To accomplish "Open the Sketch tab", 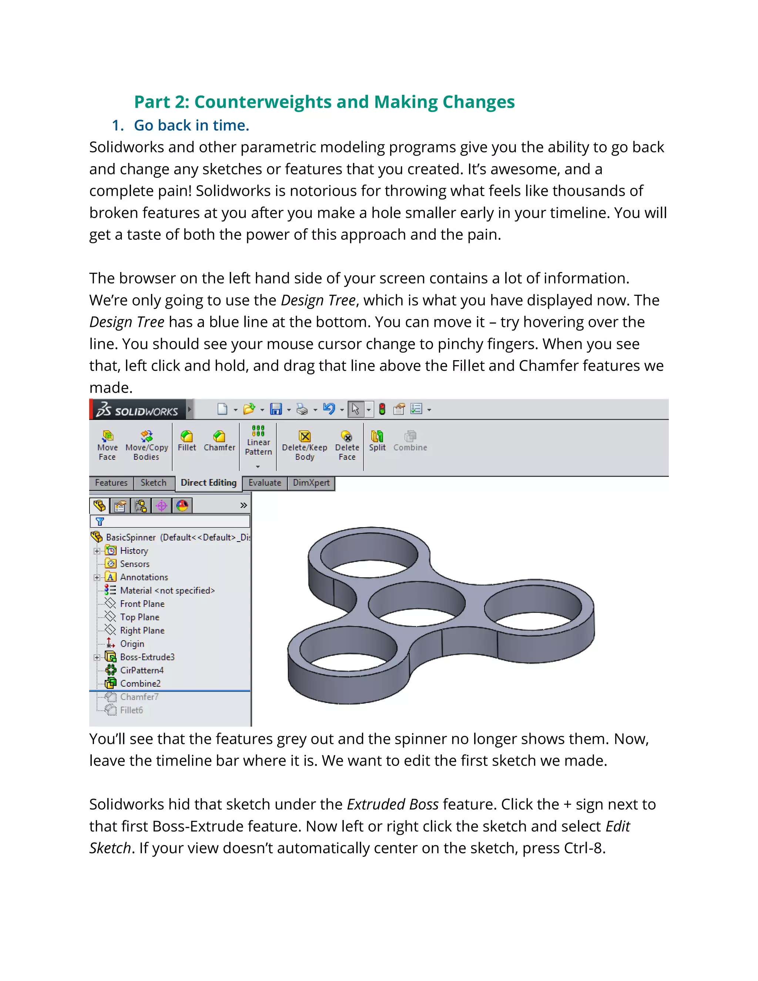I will (x=153, y=482).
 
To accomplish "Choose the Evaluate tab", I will (x=265, y=482).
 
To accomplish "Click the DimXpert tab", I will (x=311, y=482).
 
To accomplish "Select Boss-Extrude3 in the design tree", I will (x=147, y=657).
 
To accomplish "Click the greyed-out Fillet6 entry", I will (x=131, y=710).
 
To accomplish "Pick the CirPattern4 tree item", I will (x=141, y=670).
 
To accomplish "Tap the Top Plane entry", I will (x=139, y=617).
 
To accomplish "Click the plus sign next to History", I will (x=97, y=551).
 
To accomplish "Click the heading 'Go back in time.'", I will (x=191, y=125).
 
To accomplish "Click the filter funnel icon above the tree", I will (x=100, y=522).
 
